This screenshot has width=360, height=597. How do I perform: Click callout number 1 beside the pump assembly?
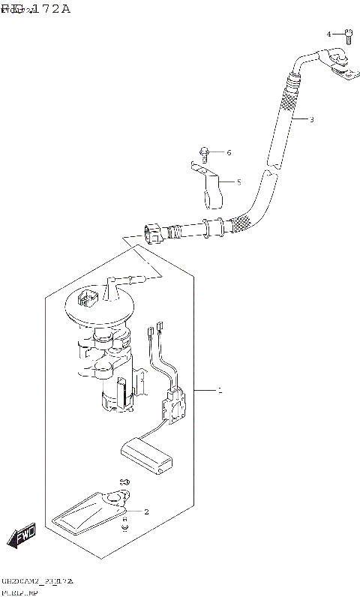click(219, 391)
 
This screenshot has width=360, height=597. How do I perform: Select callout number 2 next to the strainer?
click(146, 512)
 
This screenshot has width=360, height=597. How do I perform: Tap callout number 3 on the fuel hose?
click(311, 119)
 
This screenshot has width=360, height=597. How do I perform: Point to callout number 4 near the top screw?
click(328, 34)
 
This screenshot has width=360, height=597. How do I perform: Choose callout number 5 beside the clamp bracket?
click(238, 181)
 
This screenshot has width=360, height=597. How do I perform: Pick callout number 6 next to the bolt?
click(229, 153)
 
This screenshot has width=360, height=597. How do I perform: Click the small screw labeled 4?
click(347, 34)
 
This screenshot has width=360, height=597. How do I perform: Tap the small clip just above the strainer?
click(124, 480)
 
